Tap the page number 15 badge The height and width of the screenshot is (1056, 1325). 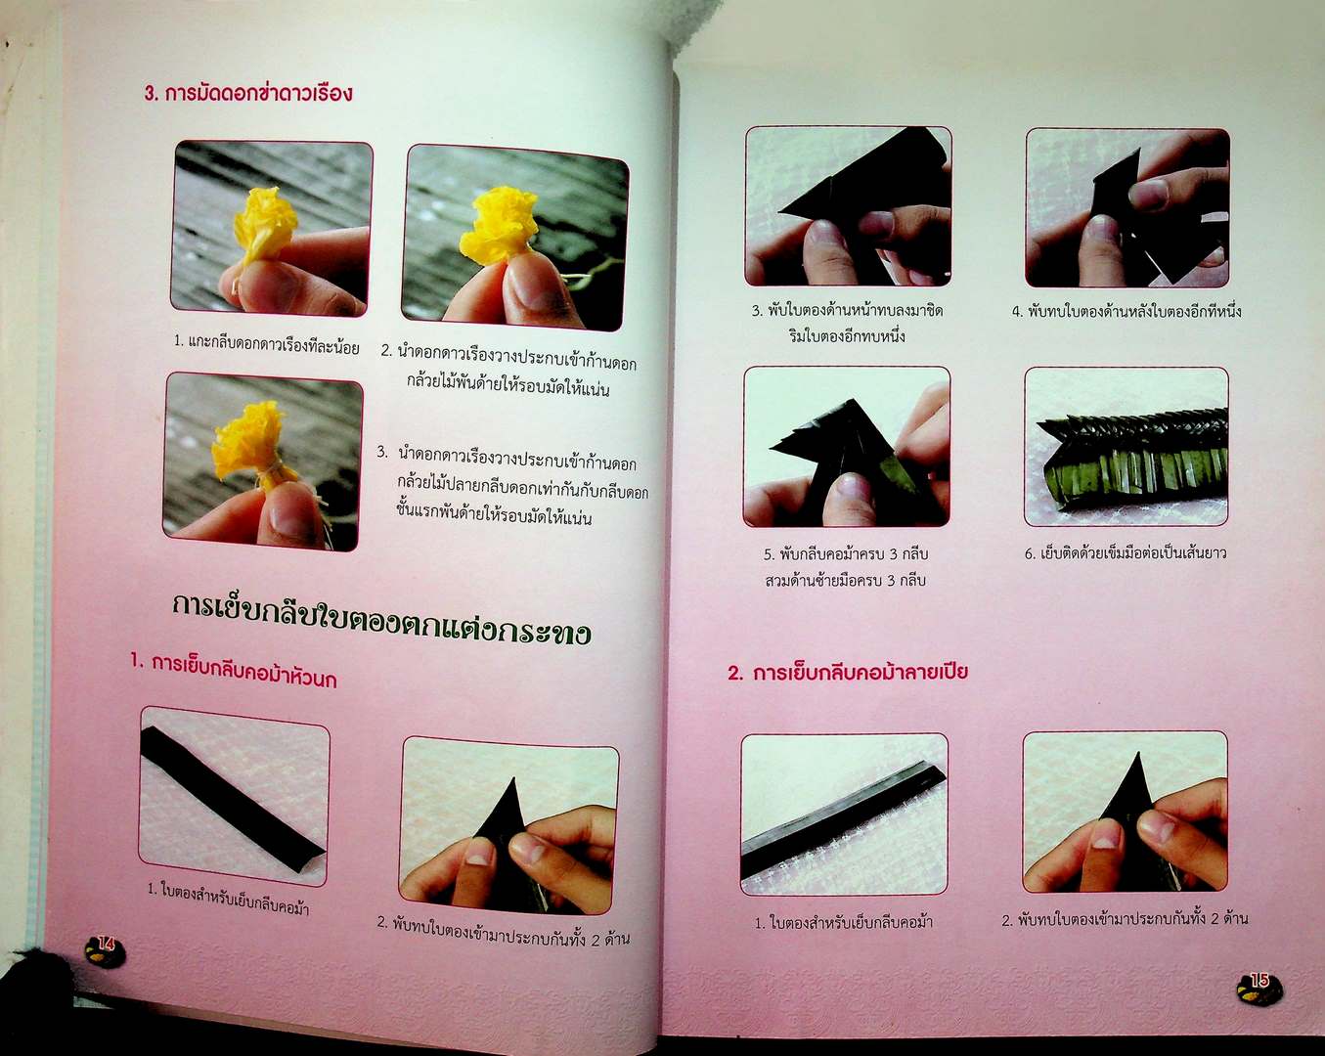(x=1259, y=989)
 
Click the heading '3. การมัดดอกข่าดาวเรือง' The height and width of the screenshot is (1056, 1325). (x=248, y=94)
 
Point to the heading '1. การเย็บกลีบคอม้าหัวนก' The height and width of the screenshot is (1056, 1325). (x=234, y=671)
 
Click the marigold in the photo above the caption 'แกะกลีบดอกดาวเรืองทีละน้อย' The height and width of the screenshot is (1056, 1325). (x=266, y=227)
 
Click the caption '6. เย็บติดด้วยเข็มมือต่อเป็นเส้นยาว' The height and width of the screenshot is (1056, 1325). (x=1125, y=553)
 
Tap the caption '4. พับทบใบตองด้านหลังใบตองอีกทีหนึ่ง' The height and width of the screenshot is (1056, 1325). (x=1125, y=312)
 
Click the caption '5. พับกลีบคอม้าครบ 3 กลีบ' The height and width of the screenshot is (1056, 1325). (x=846, y=554)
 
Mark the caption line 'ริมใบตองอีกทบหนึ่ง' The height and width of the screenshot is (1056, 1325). (x=847, y=336)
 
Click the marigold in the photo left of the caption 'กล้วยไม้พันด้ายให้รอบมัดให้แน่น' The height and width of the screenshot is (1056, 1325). (x=499, y=225)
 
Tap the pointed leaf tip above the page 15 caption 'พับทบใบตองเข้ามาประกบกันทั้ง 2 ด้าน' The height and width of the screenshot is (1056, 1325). (x=1138, y=754)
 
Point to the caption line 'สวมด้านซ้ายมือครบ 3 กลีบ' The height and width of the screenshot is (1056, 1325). (x=846, y=580)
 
